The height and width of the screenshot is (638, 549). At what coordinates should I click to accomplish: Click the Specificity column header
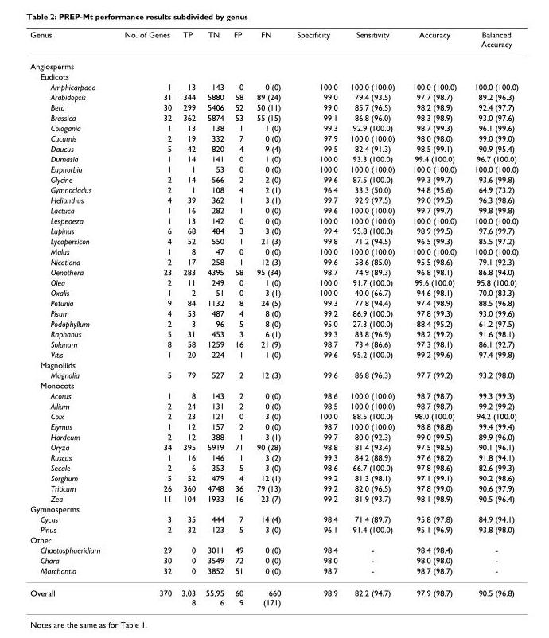[x=313, y=37]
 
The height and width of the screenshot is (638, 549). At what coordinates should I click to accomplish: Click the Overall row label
[x=44, y=593]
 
